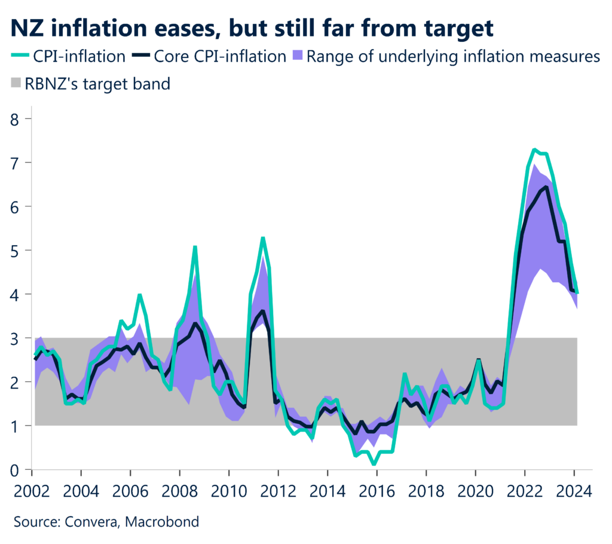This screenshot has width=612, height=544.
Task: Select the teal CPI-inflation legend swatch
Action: click(22, 57)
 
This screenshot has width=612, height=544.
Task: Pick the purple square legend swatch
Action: click(298, 57)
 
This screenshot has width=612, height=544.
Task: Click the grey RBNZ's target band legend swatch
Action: click(16, 84)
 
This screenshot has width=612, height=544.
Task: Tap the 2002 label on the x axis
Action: click(31, 493)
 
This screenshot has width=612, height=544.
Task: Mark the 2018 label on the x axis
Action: click(426, 493)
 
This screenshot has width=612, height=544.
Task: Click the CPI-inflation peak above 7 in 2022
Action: click(535, 149)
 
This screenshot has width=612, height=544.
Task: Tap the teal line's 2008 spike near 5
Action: click(195, 246)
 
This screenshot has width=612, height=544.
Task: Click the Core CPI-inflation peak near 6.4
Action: click(546, 187)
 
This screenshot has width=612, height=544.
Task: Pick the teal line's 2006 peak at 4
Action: click(139, 295)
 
